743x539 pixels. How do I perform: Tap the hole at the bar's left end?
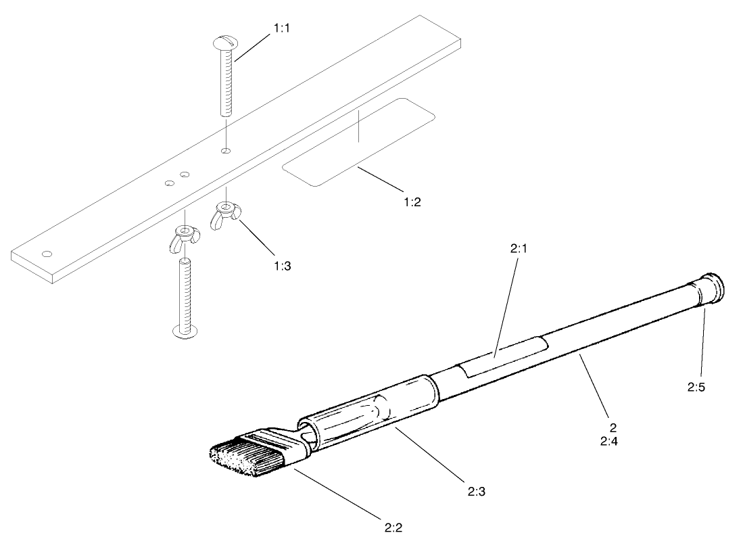coord(47,254)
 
